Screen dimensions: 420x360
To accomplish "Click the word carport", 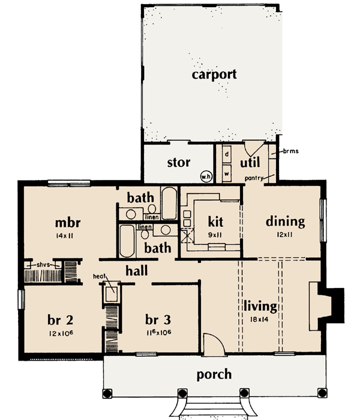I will (x=214, y=75).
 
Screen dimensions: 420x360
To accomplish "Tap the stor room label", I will (x=178, y=162).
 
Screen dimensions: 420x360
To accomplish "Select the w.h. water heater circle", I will (x=205, y=176).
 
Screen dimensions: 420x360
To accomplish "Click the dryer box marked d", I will (x=227, y=154).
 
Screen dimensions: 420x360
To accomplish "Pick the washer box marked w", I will (x=227, y=170).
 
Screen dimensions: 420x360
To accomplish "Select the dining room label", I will (x=285, y=221).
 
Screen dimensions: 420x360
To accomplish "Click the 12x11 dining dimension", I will (x=285, y=235).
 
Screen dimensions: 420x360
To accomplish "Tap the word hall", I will (x=137, y=271).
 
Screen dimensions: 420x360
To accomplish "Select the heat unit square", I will (x=111, y=294).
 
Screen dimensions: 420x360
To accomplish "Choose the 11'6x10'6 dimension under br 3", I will (x=157, y=332).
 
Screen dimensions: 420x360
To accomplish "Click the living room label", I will (x=260, y=307).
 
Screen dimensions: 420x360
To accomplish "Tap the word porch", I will (x=214, y=374).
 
